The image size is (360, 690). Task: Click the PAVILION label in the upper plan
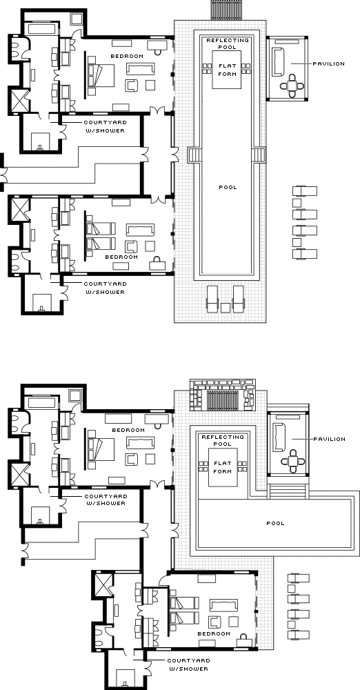328,63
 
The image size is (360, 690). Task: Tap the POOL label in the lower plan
275,523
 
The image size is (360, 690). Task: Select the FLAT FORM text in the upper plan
227,70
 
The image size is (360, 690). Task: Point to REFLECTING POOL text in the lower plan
222,440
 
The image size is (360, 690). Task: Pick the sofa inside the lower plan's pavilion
278,437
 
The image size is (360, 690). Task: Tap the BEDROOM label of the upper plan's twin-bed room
121,257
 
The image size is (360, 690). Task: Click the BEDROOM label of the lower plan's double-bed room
128,430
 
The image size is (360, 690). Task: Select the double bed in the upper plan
101,75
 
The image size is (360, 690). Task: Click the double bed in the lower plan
101,449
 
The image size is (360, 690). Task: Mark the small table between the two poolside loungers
226,308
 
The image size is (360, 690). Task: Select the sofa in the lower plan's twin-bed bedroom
223,605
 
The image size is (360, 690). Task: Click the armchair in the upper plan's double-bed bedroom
131,85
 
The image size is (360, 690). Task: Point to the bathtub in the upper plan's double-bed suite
42,30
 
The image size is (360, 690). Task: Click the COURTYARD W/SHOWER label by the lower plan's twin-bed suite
188,664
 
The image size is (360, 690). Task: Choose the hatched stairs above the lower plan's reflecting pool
224,400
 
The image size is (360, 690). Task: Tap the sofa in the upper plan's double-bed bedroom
141,69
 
